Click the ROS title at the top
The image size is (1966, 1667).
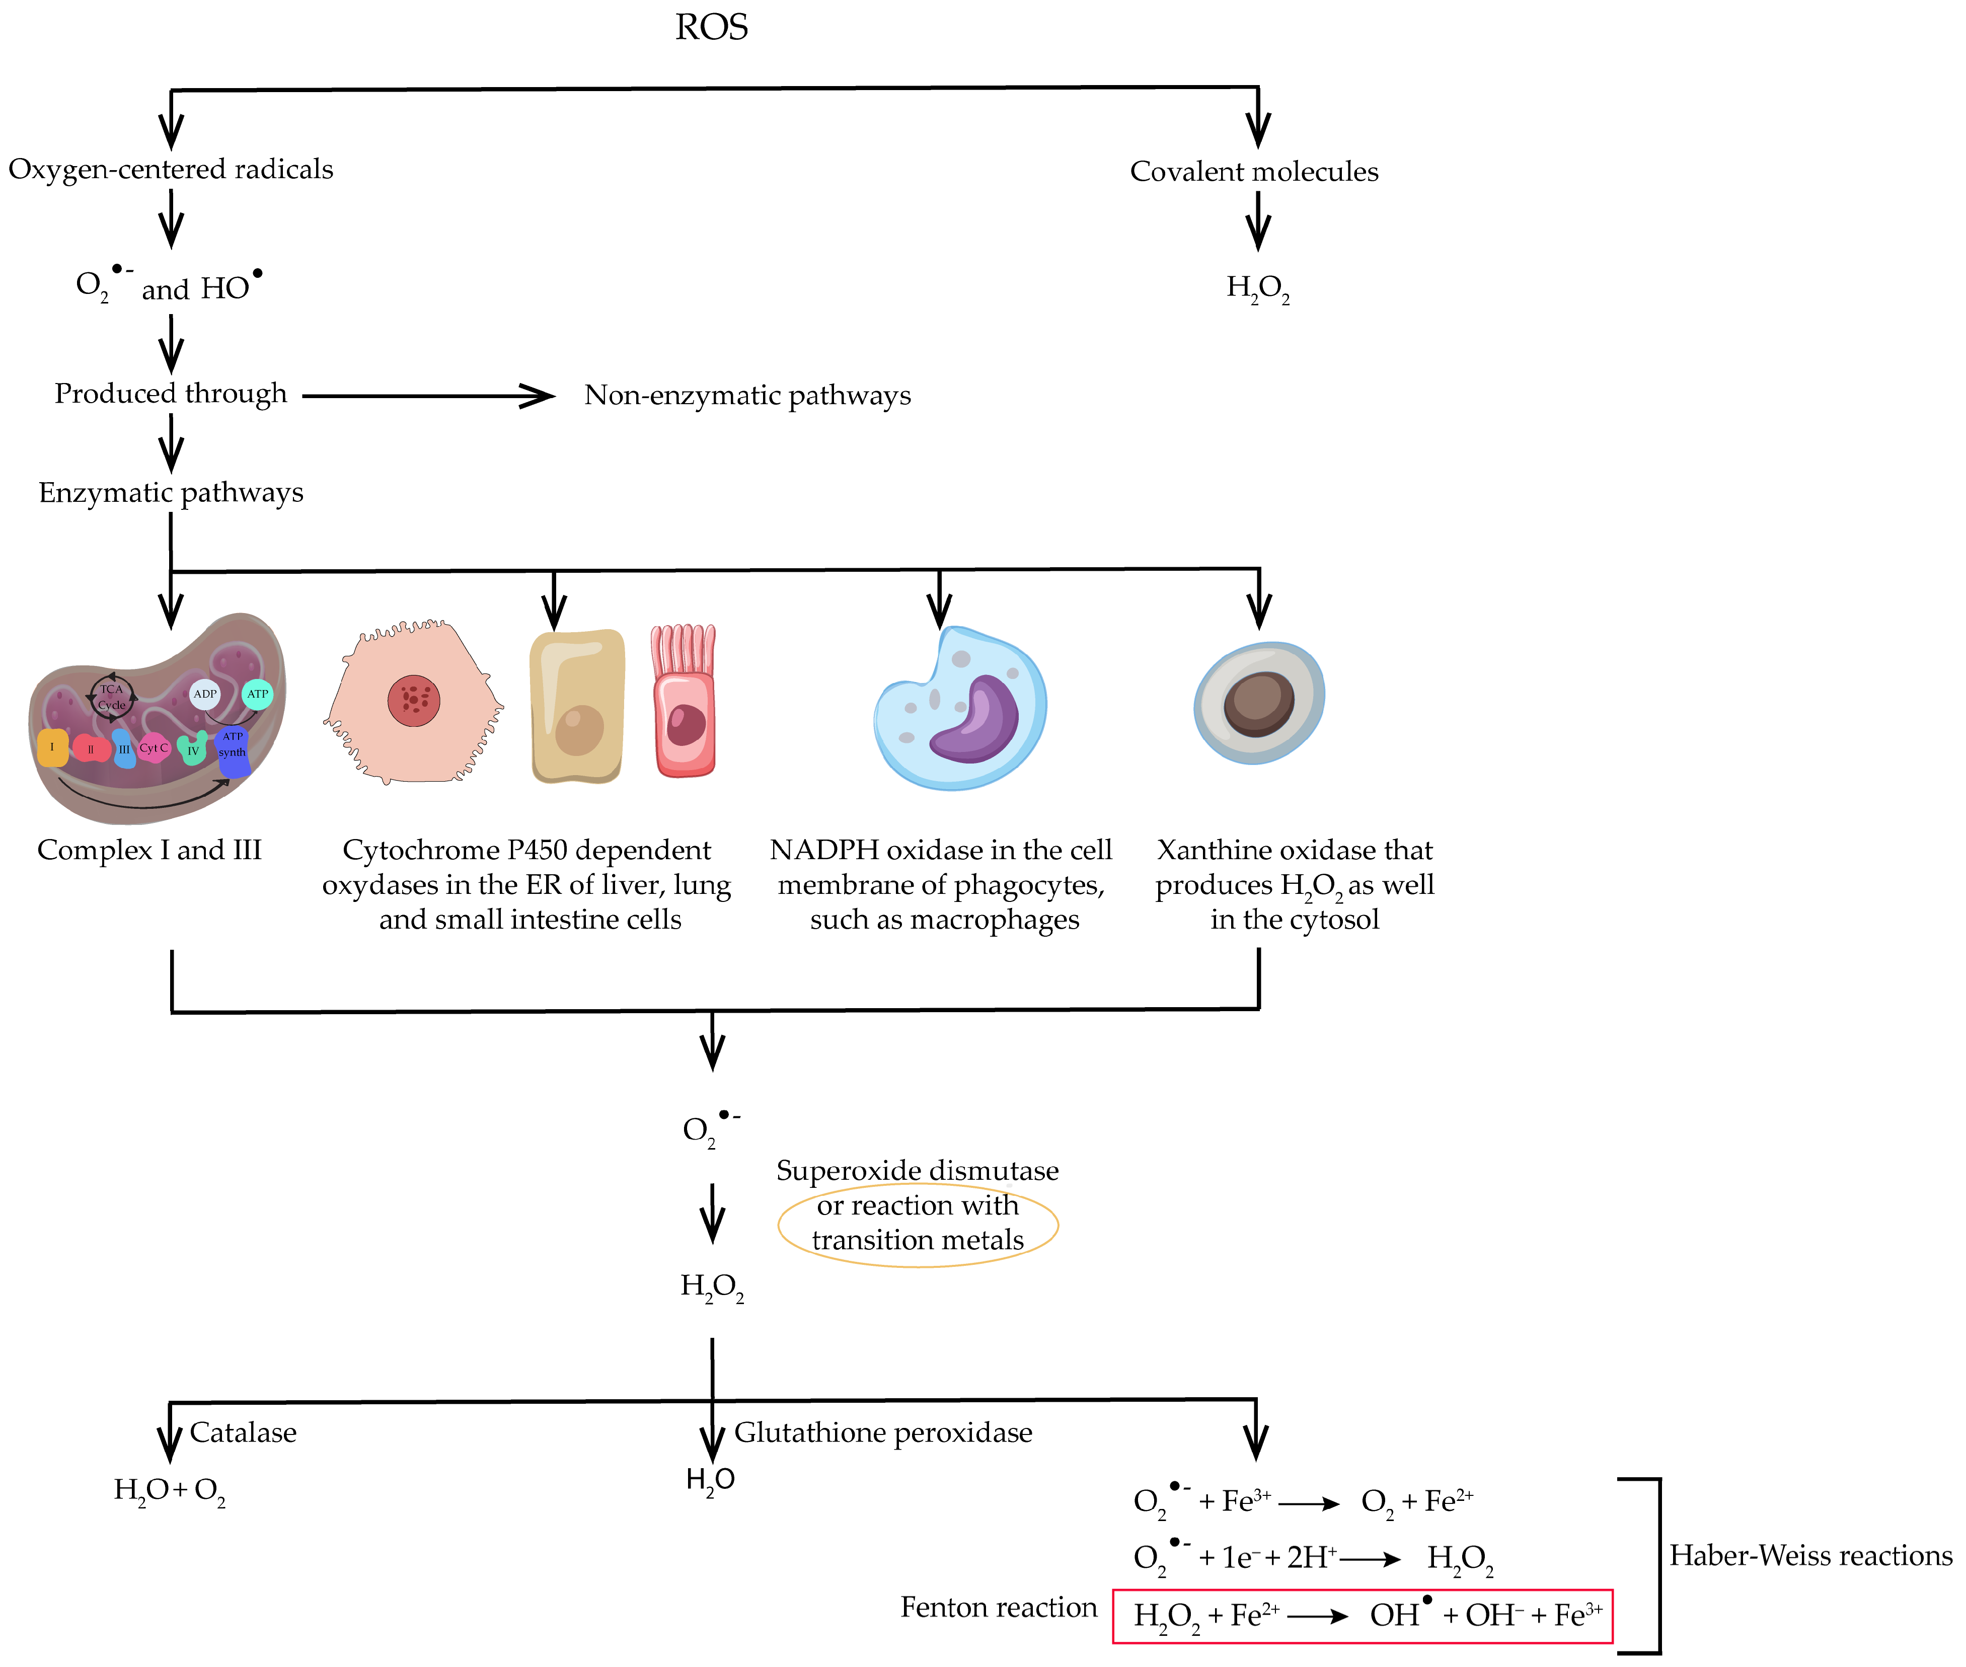point(711,27)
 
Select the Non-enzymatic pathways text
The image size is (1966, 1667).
point(747,395)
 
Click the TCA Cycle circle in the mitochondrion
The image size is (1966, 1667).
point(112,698)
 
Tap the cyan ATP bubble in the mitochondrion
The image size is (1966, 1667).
point(257,694)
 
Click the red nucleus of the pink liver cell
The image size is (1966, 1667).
point(414,700)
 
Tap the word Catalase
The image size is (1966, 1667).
point(243,1432)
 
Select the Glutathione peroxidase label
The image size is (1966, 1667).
point(883,1432)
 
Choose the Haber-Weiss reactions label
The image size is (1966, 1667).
point(1810,1555)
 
